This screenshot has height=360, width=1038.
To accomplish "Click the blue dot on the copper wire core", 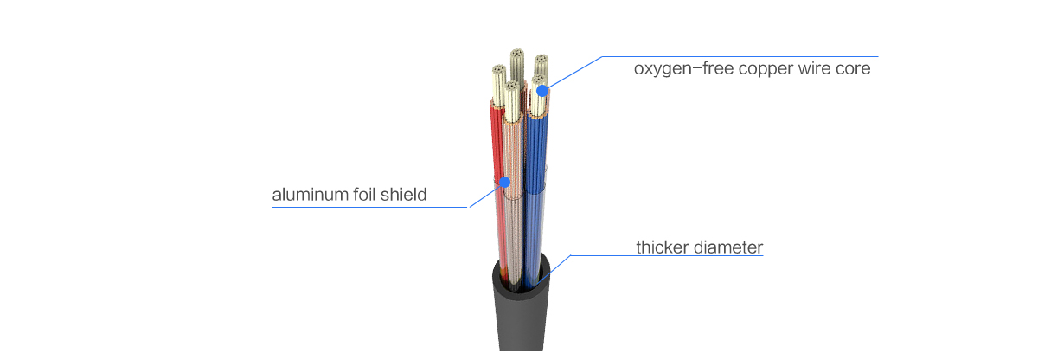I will (541, 90).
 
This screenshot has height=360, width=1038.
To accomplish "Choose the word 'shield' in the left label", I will (406, 195).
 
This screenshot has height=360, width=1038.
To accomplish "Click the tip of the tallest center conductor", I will (517, 55).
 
